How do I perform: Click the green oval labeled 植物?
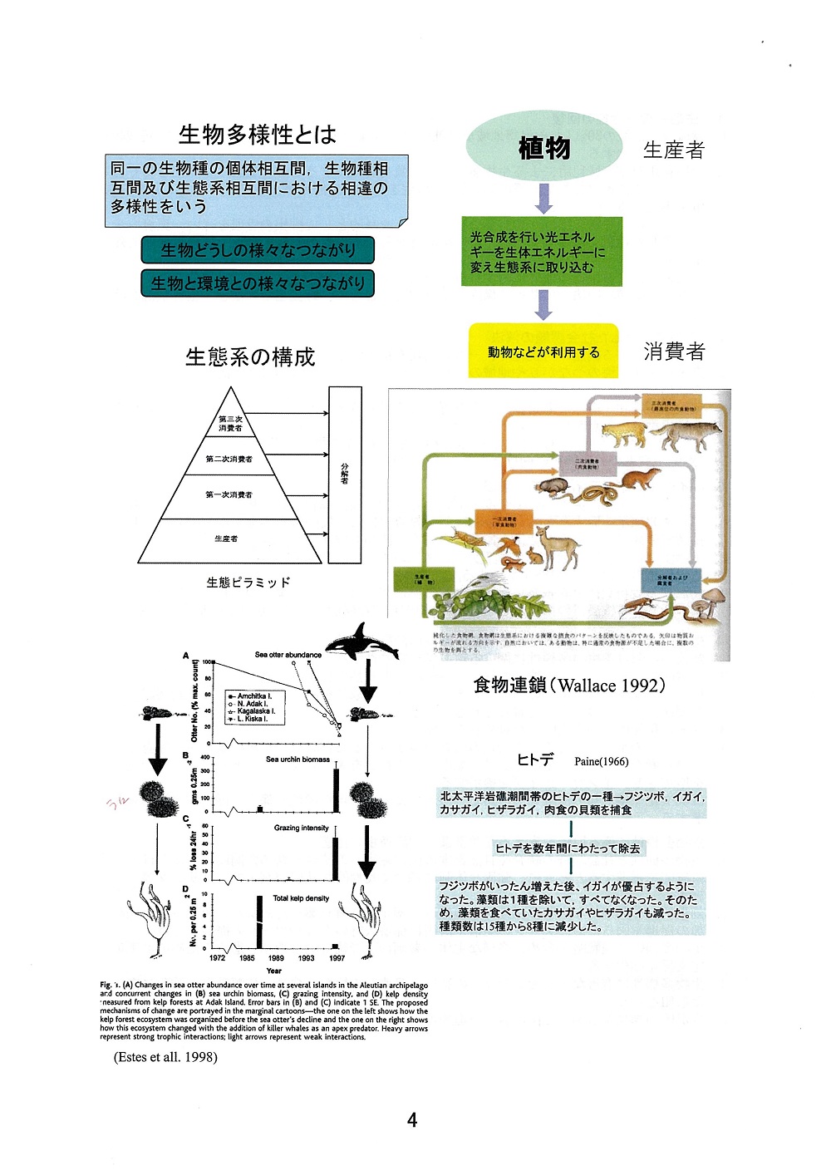click(544, 147)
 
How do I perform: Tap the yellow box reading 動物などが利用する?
click(543, 352)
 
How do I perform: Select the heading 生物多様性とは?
click(258, 134)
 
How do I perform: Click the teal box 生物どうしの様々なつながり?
click(258, 250)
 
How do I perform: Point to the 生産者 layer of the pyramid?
click(226, 540)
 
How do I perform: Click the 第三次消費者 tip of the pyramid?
click(230, 423)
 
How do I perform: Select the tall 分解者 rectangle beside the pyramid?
click(345, 474)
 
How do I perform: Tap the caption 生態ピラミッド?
click(248, 583)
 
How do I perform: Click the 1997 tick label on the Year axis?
click(337, 958)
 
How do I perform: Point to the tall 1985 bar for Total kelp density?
click(258, 922)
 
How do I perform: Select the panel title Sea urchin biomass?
click(297, 760)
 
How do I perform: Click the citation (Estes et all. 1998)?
click(165, 1057)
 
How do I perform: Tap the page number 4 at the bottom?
click(412, 1120)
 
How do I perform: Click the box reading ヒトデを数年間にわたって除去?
click(568, 848)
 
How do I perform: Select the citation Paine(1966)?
click(602, 761)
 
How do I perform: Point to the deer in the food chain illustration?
click(555, 547)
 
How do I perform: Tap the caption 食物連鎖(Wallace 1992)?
click(569, 686)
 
